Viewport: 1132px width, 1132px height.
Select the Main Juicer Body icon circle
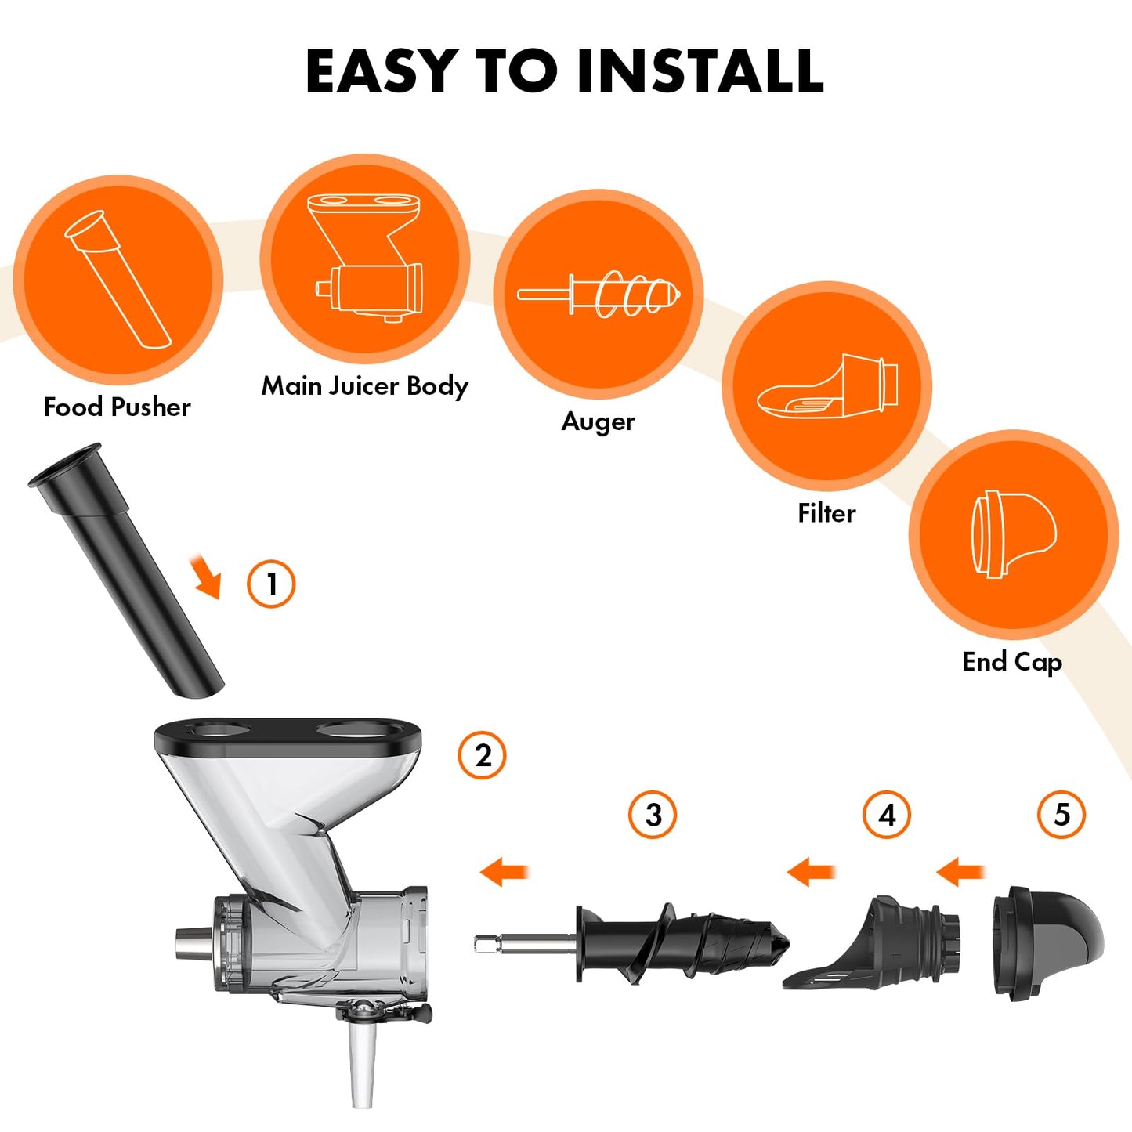pyautogui.click(x=365, y=258)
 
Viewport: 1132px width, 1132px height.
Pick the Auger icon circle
pyautogui.click(x=598, y=295)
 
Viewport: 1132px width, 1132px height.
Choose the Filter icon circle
pyautogui.click(x=826, y=386)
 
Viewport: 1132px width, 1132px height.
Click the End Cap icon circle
pyautogui.click(x=1013, y=534)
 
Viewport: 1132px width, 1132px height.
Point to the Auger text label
pyautogui.click(x=598, y=421)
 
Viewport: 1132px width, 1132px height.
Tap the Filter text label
pyautogui.click(x=826, y=513)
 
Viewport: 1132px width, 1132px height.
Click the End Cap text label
pyautogui.click(x=1012, y=662)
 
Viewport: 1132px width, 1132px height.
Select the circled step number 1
pyautogui.click(x=271, y=584)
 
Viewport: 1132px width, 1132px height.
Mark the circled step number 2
pyautogui.click(x=482, y=755)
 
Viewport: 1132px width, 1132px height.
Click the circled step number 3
pyautogui.click(x=653, y=815)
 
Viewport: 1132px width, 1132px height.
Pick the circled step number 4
pyautogui.click(x=886, y=815)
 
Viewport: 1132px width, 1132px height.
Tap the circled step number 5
pyautogui.click(x=1061, y=815)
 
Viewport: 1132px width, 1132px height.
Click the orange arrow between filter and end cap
pyautogui.click(x=960, y=871)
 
